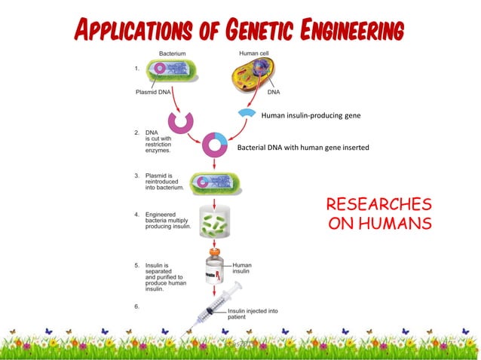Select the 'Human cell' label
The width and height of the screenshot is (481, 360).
(254, 53)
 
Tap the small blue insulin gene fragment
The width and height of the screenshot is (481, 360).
(246, 112)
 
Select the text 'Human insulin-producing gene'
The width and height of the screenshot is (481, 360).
(311, 116)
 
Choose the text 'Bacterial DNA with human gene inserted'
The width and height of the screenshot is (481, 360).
(303, 148)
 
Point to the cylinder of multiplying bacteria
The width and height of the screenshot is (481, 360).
(215, 221)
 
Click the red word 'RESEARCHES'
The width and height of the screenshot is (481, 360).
(378, 205)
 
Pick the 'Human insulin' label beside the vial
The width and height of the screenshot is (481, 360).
(242, 268)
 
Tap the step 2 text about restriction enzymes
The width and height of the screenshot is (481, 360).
(150, 141)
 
